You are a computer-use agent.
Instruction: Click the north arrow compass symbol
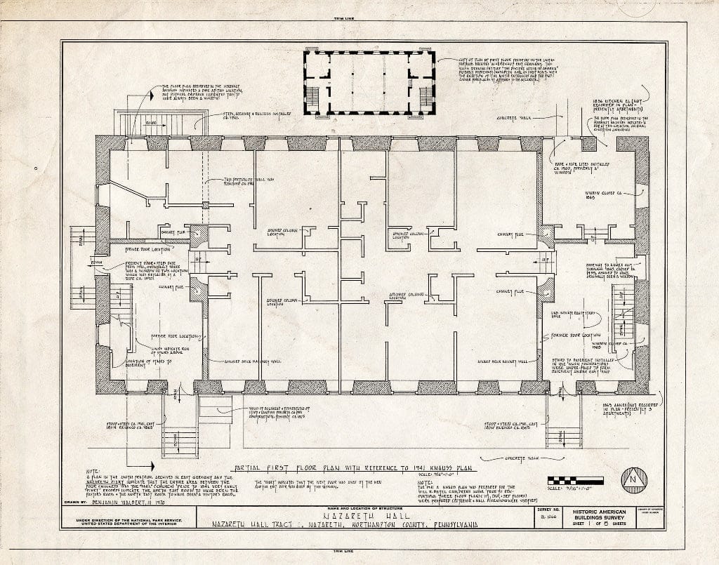pos(633,481)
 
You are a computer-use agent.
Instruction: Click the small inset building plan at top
pos(369,83)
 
